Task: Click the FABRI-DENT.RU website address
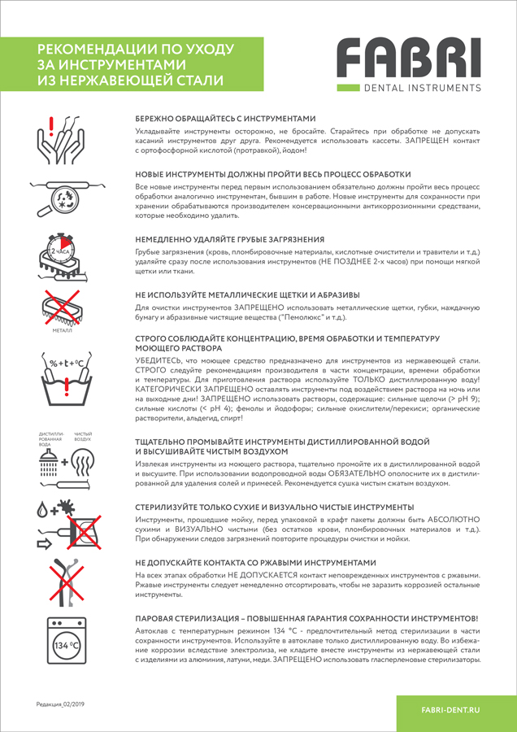pyautogui.click(x=451, y=710)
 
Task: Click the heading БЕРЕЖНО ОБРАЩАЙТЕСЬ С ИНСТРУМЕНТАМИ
pyautogui.click(x=224, y=118)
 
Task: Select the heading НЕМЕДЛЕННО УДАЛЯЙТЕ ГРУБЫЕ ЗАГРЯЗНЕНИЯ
pyautogui.click(x=229, y=240)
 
